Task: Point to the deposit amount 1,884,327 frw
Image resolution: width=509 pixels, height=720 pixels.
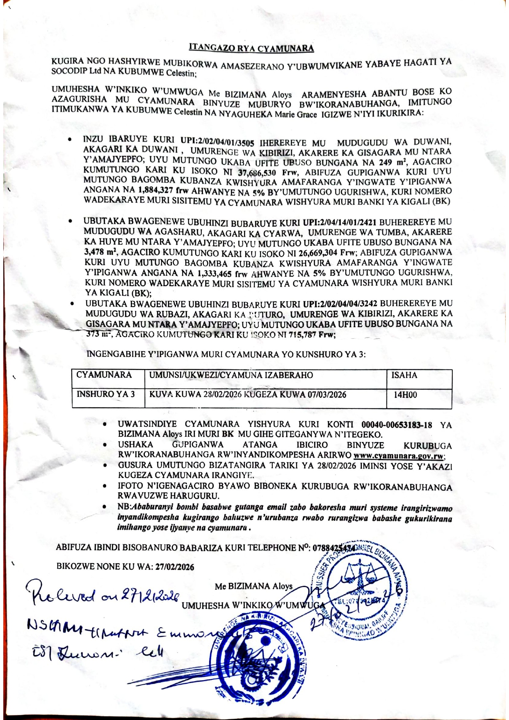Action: [161, 190]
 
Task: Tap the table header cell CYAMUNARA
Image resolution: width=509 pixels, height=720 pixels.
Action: [104, 375]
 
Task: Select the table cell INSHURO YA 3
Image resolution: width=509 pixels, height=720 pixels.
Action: [106, 394]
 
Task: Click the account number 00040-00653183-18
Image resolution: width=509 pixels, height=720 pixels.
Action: [397, 425]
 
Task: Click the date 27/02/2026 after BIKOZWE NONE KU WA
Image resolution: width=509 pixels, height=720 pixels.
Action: [174, 567]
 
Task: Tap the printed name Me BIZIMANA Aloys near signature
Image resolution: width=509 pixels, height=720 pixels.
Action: [253, 586]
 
